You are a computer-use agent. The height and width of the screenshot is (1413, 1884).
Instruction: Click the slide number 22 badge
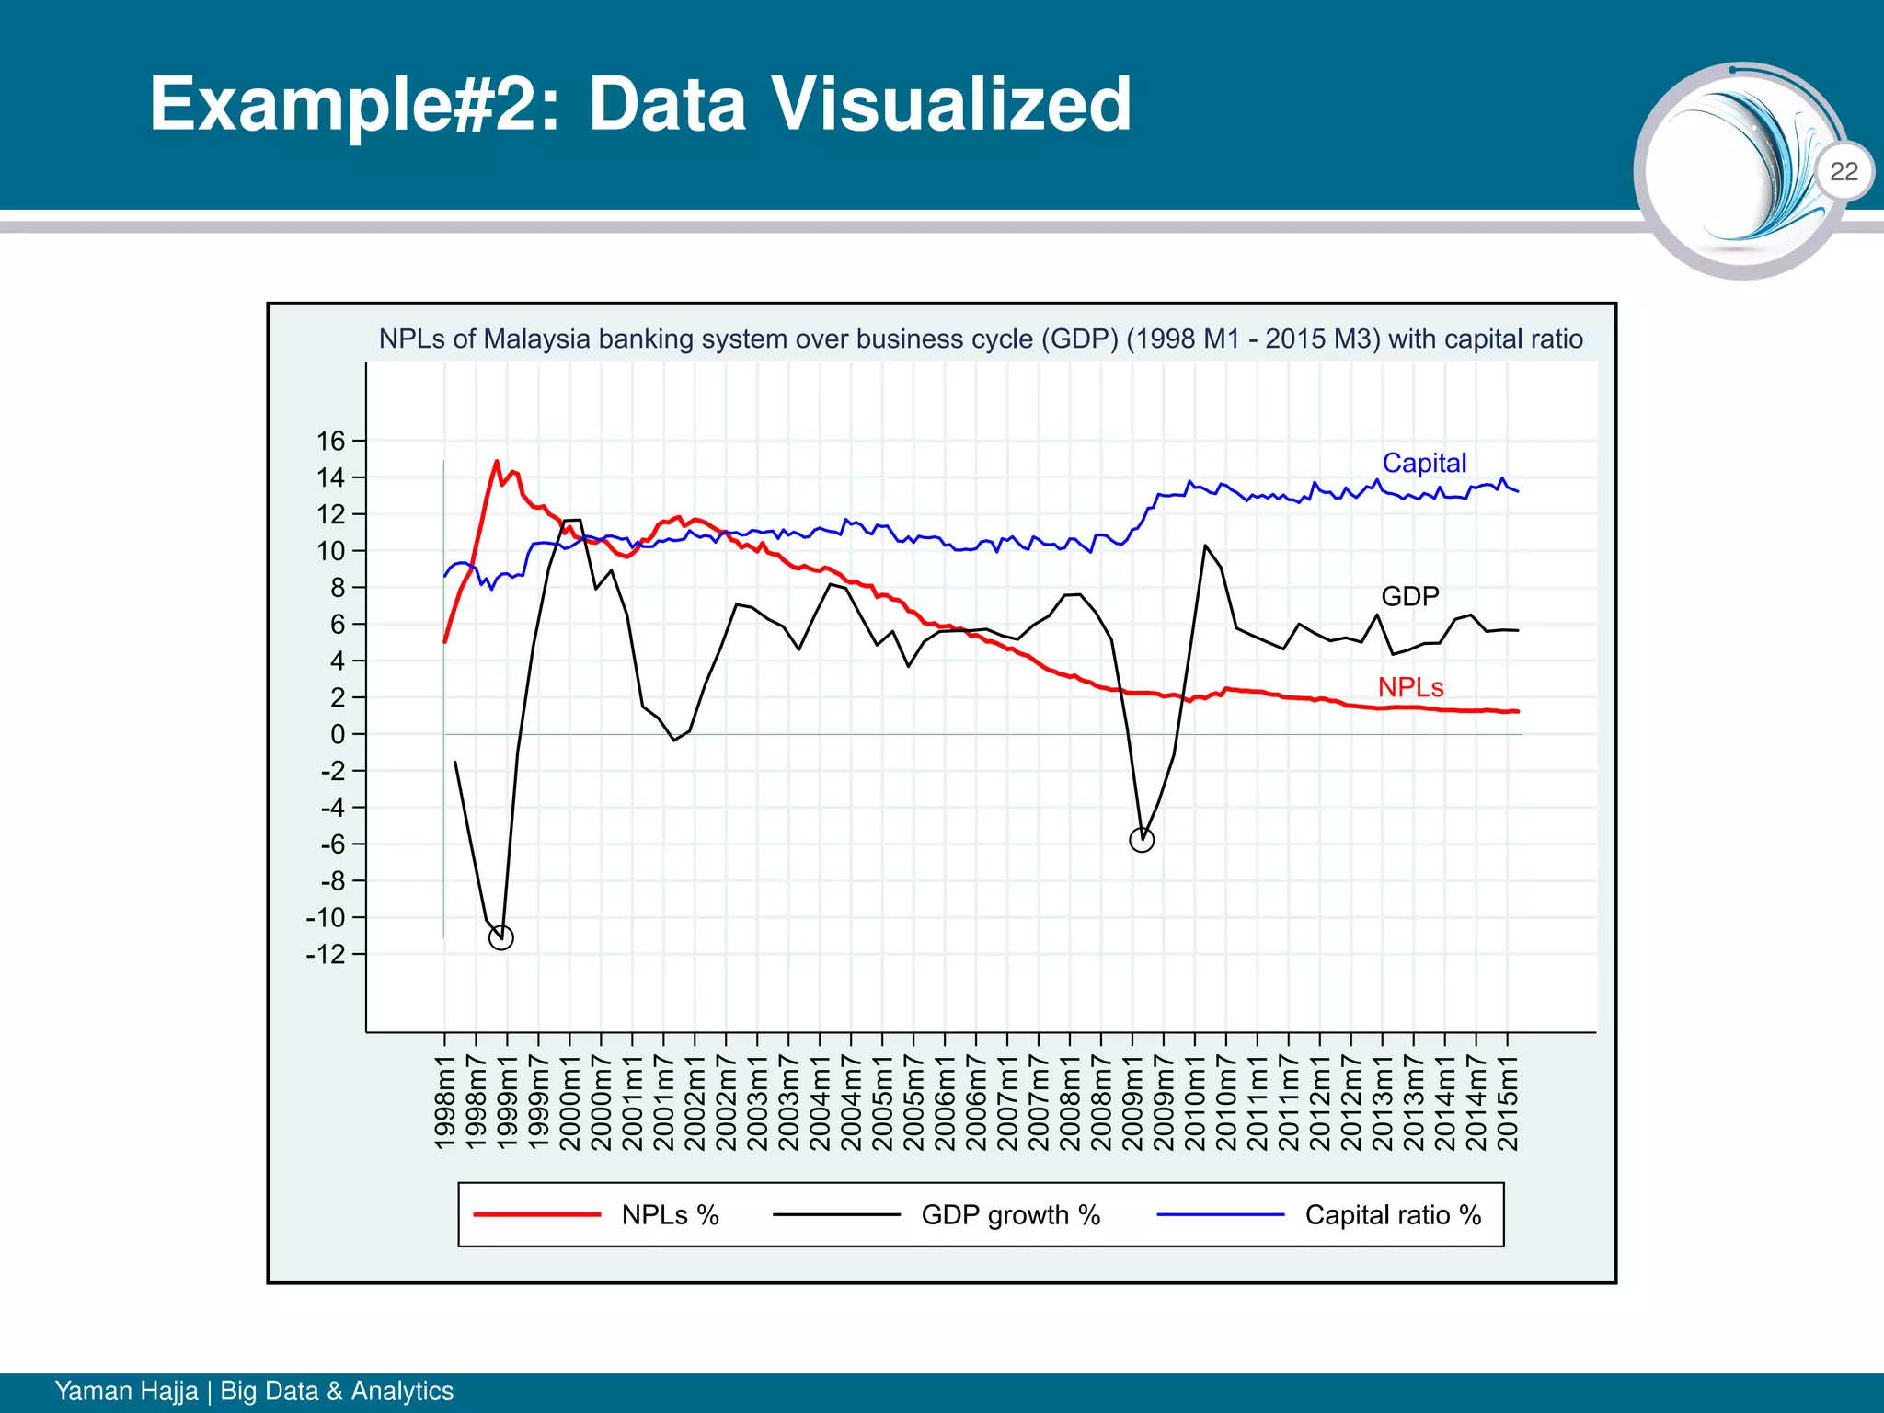(1844, 171)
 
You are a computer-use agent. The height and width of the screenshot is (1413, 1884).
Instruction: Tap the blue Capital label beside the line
(1424, 463)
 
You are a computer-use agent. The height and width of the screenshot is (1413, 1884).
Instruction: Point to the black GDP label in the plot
(1409, 596)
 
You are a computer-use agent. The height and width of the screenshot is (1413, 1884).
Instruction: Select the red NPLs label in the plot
(1410, 687)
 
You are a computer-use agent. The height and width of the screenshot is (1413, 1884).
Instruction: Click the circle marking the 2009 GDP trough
(1141, 840)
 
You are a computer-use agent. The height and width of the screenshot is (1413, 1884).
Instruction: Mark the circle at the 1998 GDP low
(500, 937)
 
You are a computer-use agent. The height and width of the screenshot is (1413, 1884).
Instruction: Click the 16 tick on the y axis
(330, 441)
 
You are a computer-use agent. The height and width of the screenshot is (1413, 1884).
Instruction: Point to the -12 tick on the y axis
(326, 954)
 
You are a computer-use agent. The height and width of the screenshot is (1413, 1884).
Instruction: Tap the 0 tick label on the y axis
(338, 734)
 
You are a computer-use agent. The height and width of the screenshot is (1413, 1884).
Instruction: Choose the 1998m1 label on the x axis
(445, 1103)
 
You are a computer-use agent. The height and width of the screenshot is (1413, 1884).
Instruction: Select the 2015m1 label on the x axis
(1507, 1103)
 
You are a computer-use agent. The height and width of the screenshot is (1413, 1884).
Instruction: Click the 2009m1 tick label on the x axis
(1132, 1103)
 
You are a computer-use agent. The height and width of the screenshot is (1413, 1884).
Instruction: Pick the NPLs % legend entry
(670, 1215)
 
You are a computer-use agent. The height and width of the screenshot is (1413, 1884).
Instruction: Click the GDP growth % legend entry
(1010, 1215)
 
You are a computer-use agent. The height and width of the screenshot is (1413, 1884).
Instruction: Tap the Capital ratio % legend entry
(1393, 1215)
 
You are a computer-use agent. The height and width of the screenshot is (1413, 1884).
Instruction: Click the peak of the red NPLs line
(497, 462)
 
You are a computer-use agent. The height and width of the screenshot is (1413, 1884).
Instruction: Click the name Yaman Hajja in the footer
(126, 1390)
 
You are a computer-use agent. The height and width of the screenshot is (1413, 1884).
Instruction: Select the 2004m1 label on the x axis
(820, 1103)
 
